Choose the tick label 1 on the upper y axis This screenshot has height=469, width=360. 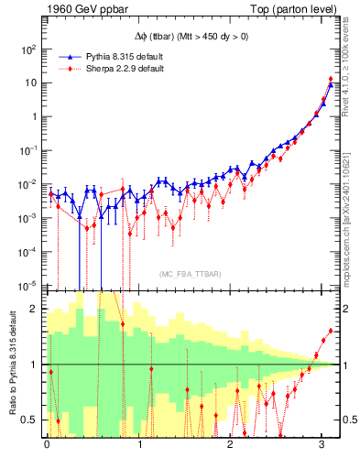tap(34, 116)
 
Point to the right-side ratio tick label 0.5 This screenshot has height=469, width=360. tap(347, 420)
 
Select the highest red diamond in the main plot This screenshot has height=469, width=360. tap(330, 79)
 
